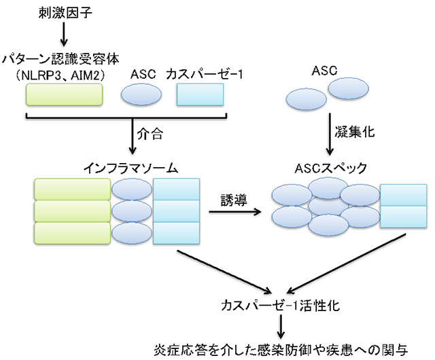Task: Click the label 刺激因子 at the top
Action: point(65,12)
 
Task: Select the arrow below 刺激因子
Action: point(64,34)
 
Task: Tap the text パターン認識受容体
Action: point(60,59)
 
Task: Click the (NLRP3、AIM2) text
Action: point(60,75)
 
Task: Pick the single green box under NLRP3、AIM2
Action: point(65,94)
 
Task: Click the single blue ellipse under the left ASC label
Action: point(141,94)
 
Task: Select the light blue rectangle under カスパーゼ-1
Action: point(201,94)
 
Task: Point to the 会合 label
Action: point(150,134)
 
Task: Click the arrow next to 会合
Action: point(133,136)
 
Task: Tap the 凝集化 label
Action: point(355,132)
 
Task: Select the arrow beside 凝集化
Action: point(330,134)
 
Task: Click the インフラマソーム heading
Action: point(130,168)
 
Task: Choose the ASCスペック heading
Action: point(331,168)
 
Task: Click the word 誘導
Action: point(234,200)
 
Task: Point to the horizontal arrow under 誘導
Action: point(235,212)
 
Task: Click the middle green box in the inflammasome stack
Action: point(73,211)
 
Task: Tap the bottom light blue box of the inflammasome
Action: point(177,233)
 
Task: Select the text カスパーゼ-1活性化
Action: point(281,306)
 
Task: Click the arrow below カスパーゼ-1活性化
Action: point(281,327)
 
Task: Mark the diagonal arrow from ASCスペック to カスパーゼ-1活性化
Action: point(346,264)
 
